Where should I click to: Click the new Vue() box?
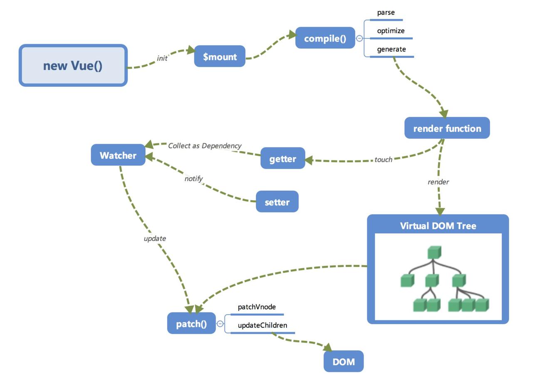tap(73, 66)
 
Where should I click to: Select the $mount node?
tap(220, 57)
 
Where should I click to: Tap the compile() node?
tap(325, 38)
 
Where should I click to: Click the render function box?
tap(447, 128)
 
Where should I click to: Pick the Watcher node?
tap(118, 155)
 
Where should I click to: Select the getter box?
tap(283, 159)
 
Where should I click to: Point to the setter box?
tap(277, 202)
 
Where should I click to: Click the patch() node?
tap(191, 324)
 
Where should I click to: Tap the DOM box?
tap(344, 362)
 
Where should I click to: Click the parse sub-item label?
tap(386, 13)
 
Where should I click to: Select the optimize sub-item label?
tap(391, 31)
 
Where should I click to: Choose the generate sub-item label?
tap(391, 49)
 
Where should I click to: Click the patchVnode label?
tap(257, 307)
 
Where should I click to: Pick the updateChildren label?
tap(262, 325)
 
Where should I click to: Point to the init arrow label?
tap(162, 58)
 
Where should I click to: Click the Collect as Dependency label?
tap(205, 146)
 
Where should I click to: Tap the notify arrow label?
tap(193, 179)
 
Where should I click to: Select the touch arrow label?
tap(383, 160)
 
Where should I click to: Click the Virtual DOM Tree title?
tap(438, 226)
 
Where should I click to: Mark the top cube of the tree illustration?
tap(434, 252)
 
